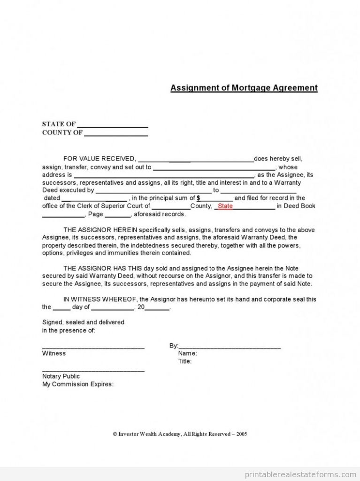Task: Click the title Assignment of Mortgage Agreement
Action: pos(244,88)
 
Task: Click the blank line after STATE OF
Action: pos(113,127)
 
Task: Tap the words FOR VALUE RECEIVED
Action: pos(100,159)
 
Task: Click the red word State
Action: pos(225,206)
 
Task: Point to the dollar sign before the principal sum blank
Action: pos(199,198)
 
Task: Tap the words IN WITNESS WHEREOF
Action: pos(100,299)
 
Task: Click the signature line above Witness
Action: pos(93,348)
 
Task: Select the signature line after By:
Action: pos(230,348)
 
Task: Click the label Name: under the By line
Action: pos(187,353)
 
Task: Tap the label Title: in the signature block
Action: pos(185,361)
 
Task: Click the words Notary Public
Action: pos(61,376)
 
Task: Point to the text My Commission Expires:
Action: pos(78,384)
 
